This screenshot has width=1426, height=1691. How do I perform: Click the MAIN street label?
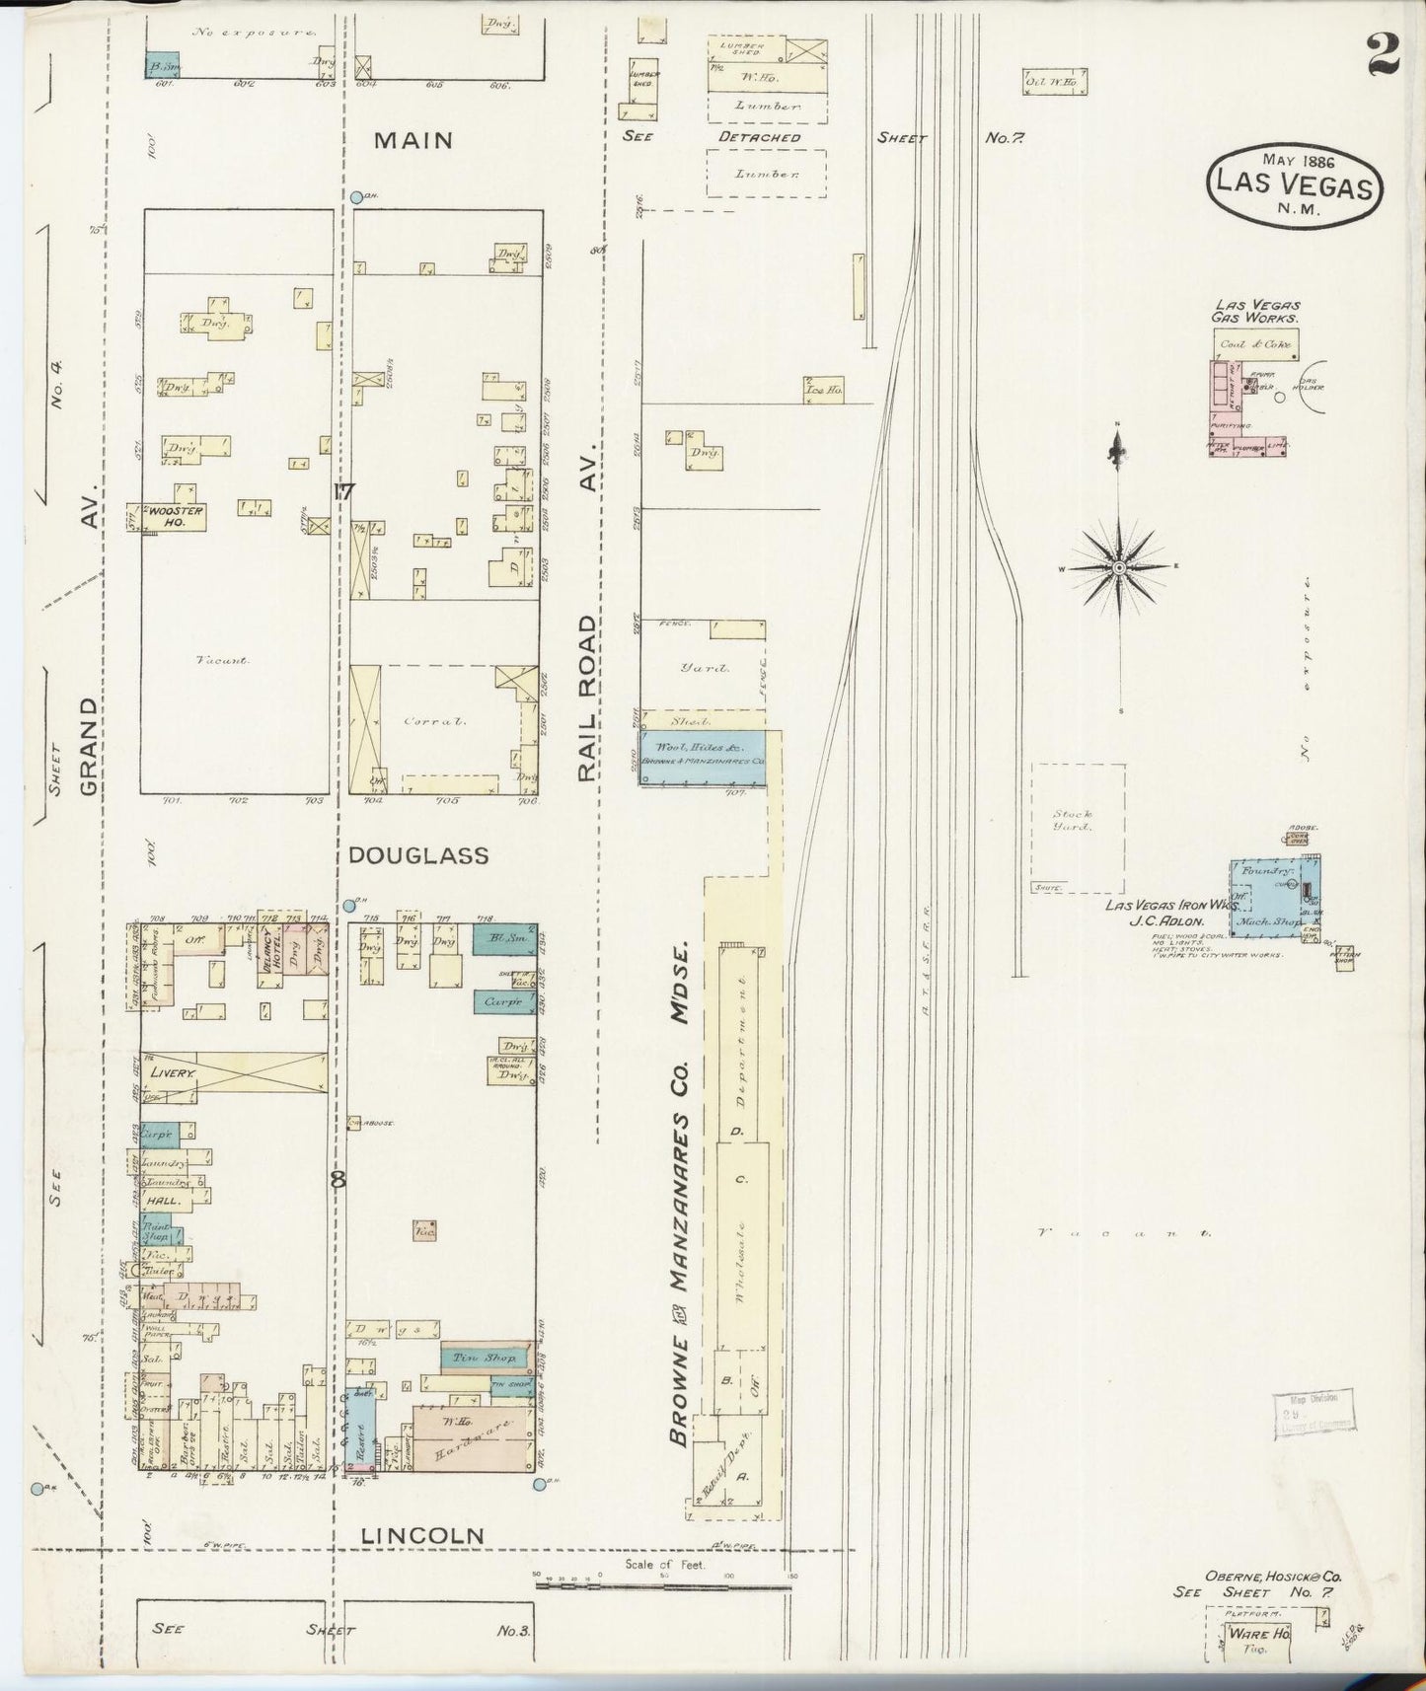pos(413,141)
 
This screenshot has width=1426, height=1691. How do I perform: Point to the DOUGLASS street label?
pos(418,855)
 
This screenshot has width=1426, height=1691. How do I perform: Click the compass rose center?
pos(1119,568)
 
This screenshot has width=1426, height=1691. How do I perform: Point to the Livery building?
pos(233,1071)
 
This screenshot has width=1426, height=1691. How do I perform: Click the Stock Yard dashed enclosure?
pos(1078,826)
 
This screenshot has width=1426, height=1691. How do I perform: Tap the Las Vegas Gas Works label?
pos(1254,312)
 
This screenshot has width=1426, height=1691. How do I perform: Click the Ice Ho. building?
pos(822,391)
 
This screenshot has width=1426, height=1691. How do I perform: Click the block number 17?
pos(343,491)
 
